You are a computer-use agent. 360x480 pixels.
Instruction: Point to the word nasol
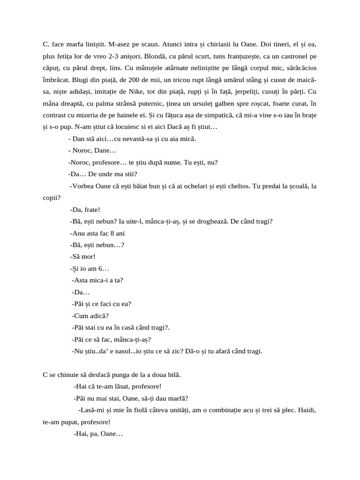coord(125,351)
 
